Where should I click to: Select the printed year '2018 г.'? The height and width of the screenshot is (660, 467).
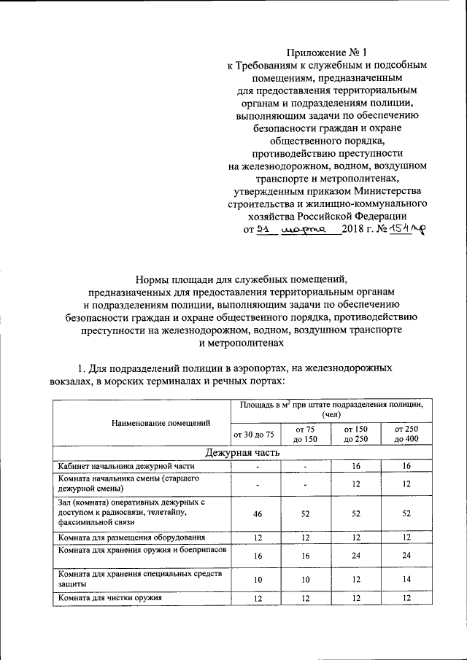click(358, 230)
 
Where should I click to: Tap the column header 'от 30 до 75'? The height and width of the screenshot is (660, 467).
click(253, 434)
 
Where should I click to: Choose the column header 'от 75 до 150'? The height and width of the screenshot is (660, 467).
click(306, 434)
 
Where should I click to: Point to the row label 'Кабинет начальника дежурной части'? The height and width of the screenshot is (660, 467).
click(115, 466)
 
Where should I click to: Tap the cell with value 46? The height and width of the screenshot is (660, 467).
click(258, 513)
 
